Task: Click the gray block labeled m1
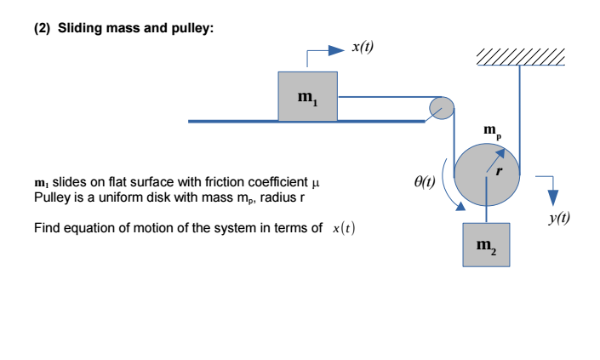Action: click(307, 96)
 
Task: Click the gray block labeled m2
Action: click(486, 245)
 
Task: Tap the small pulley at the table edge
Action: click(442, 108)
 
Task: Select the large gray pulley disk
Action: click(487, 174)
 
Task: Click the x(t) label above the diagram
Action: click(363, 47)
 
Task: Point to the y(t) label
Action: click(559, 218)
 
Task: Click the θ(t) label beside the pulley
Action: click(425, 182)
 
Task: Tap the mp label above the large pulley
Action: click(492, 131)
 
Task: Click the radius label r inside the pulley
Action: click(499, 171)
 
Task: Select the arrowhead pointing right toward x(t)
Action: click(337, 50)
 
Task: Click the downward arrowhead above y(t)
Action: click(553, 197)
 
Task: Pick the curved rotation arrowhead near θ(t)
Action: click(460, 206)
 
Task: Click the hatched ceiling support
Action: click(521, 57)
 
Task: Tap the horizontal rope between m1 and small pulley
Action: click(390, 97)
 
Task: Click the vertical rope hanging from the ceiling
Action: click(520, 120)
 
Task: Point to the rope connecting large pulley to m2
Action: click(486, 199)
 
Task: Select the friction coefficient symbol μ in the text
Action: click(315, 183)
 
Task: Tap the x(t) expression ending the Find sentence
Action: click(344, 228)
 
